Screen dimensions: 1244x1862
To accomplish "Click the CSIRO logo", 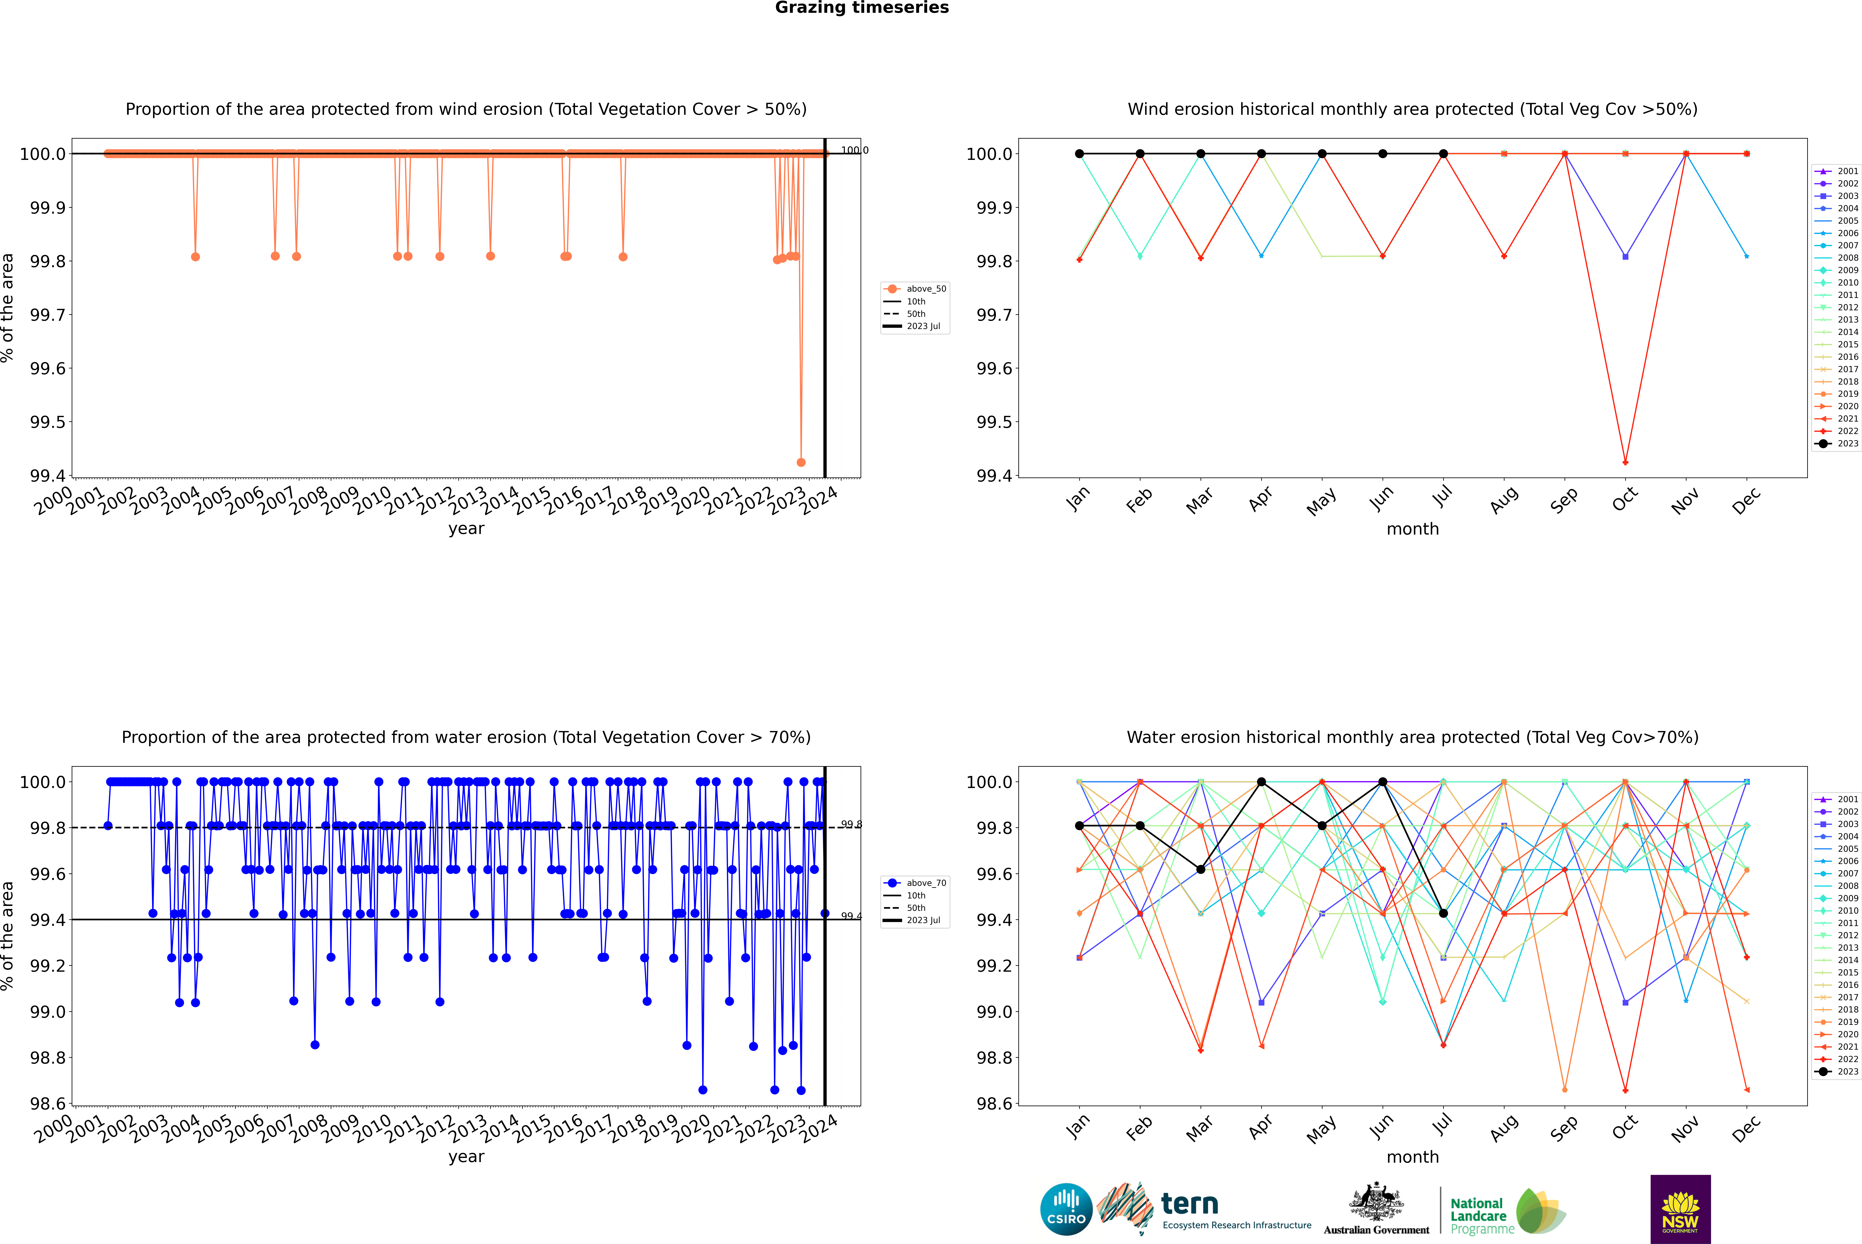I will tap(1066, 1209).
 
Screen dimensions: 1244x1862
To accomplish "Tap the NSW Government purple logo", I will tap(1680, 1209).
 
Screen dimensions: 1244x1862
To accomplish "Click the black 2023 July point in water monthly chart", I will tap(1443, 913).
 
